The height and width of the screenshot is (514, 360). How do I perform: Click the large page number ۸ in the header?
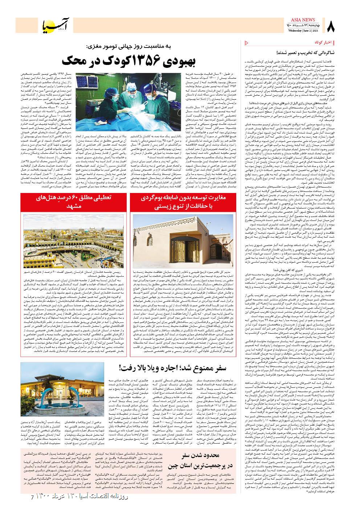[x=331, y=26]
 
